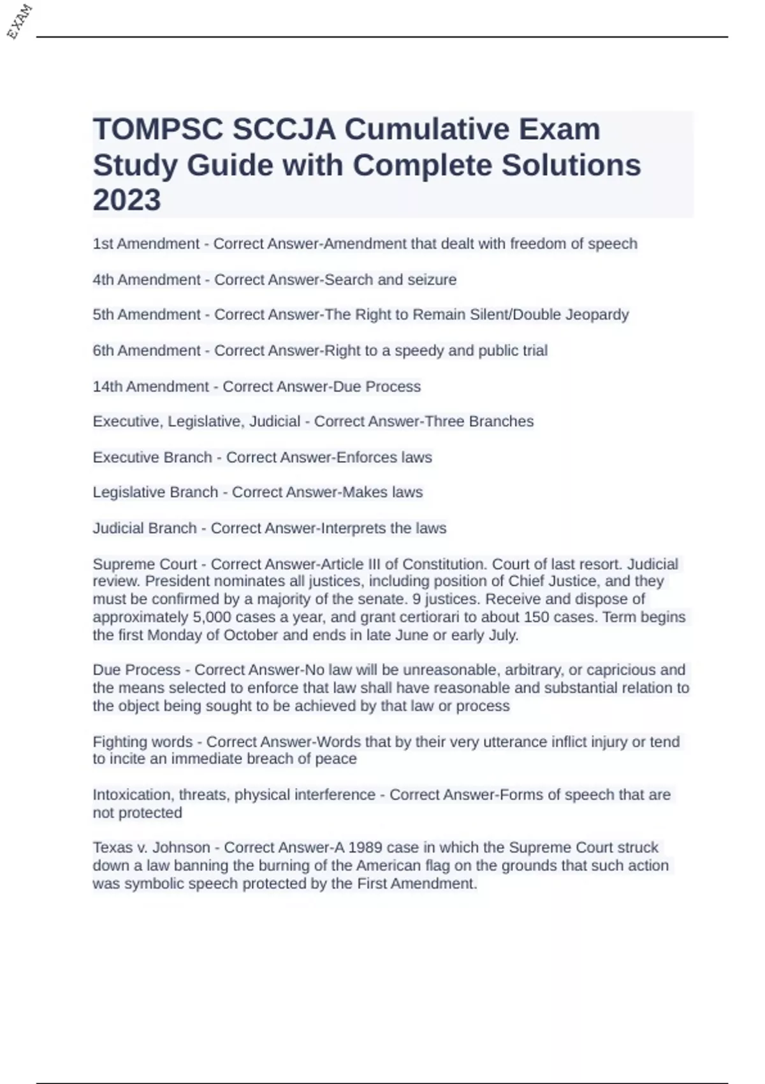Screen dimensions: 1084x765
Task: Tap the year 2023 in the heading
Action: (x=127, y=200)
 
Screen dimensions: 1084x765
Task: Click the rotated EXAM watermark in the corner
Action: (x=19, y=21)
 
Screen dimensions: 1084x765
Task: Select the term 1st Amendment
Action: (x=146, y=244)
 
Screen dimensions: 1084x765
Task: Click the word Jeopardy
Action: (x=596, y=314)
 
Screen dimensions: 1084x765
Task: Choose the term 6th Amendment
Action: (x=146, y=350)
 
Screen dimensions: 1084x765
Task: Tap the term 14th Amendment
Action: (x=150, y=386)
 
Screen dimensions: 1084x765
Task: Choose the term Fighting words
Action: (x=142, y=742)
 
